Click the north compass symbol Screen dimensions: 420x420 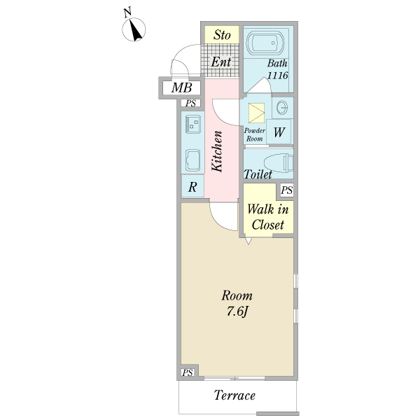pyautogui.click(x=135, y=29)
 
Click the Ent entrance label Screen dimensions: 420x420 pyautogui.click(x=221, y=62)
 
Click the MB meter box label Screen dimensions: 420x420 pyautogui.click(x=182, y=88)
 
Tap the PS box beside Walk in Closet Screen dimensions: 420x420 pyautogui.click(x=286, y=190)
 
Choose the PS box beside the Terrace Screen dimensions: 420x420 pyautogui.click(x=188, y=373)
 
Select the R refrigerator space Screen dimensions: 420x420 pyautogui.click(x=192, y=187)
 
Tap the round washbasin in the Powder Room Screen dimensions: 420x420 pyautogui.click(x=283, y=108)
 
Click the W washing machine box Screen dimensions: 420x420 pyautogui.click(x=279, y=131)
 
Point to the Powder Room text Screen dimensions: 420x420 pyautogui.click(x=253, y=135)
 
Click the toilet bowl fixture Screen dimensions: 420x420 pyautogui.click(x=280, y=162)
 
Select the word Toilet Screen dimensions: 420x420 pyautogui.click(x=258, y=174)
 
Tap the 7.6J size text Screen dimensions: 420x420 pyautogui.click(x=237, y=311)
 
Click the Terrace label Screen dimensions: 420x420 pyautogui.click(x=234, y=396)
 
